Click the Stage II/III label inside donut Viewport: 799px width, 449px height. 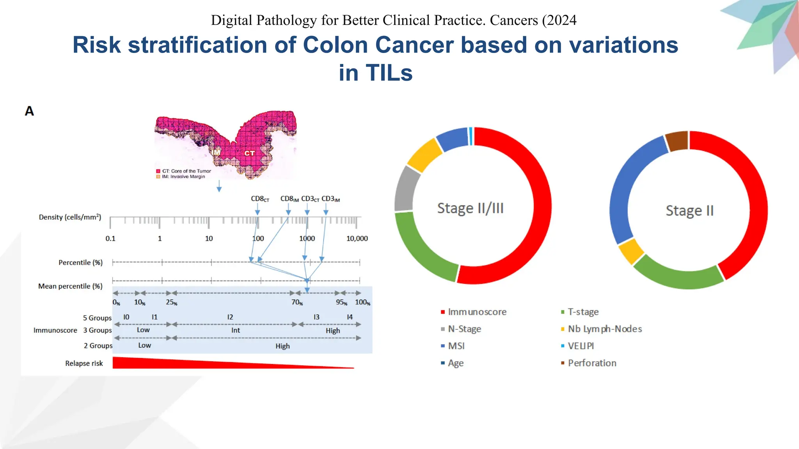pyautogui.click(x=470, y=209)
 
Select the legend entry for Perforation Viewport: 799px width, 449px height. pyautogui.click(x=591, y=363)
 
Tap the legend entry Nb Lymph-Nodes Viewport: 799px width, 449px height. pyautogui.click(x=604, y=329)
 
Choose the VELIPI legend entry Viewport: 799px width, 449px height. pyautogui.click(x=581, y=346)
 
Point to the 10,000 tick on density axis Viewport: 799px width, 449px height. pyautogui.click(x=357, y=239)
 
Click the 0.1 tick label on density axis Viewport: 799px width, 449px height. pyautogui.click(x=110, y=239)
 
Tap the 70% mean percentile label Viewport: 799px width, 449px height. pyautogui.click(x=297, y=302)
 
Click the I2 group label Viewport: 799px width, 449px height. pyautogui.click(x=230, y=317)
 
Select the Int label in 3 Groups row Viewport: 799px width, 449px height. pyautogui.click(x=235, y=331)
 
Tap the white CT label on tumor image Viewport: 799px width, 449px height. pyautogui.click(x=250, y=153)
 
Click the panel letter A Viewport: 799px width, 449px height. pyautogui.click(x=29, y=111)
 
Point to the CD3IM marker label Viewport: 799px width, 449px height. pyautogui.click(x=330, y=199)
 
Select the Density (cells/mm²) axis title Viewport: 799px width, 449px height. pyautogui.click(x=70, y=217)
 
